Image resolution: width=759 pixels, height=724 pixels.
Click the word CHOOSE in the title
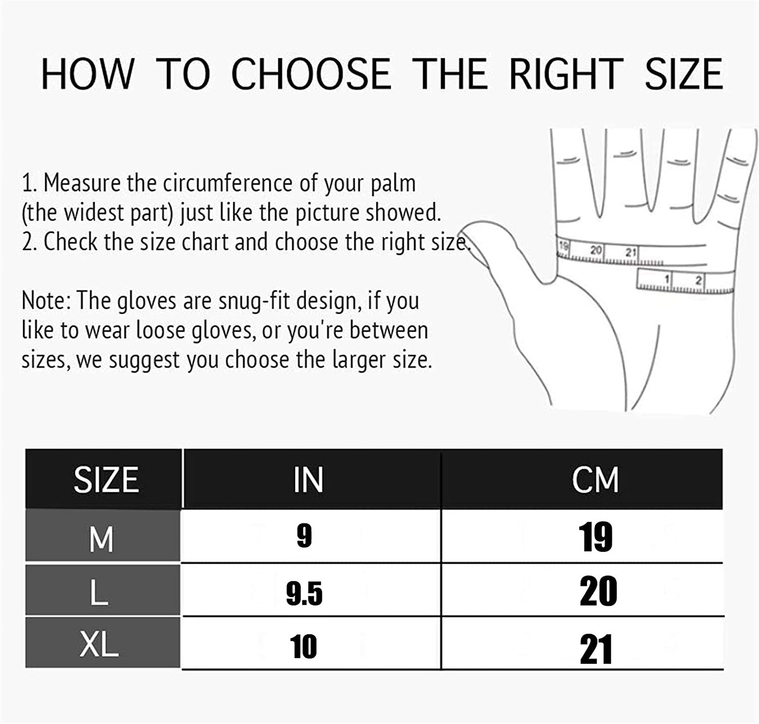pyautogui.click(x=311, y=74)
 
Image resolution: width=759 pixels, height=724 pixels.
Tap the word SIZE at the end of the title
pyautogui.click(x=683, y=74)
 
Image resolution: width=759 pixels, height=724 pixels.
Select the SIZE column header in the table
pyautogui.click(x=106, y=480)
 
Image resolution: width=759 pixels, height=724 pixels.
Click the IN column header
pyautogui.click(x=308, y=480)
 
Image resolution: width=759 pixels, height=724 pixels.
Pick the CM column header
pyautogui.click(x=595, y=480)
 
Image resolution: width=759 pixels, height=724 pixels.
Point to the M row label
pyautogui.click(x=101, y=539)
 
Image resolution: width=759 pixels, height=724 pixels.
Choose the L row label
pyautogui.click(x=99, y=592)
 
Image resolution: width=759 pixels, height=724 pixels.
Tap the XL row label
pyautogui.click(x=99, y=645)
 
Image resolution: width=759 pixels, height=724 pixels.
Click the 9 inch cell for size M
pyautogui.click(x=304, y=536)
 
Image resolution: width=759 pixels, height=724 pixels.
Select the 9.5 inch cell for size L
pyautogui.click(x=304, y=593)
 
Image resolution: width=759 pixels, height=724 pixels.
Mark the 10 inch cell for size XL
pyautogui.click(x=304, y=647)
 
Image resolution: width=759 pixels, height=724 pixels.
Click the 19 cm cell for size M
pyautogui.click(x=596, y=537)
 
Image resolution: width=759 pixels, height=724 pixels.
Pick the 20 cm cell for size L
pyautogui.click(x=598, y=591)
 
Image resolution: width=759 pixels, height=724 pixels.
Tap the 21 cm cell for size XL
pyautogui.click(x=596, y=649)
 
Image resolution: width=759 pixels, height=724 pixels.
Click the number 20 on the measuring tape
pyautogui.click(x=596, y=250)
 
